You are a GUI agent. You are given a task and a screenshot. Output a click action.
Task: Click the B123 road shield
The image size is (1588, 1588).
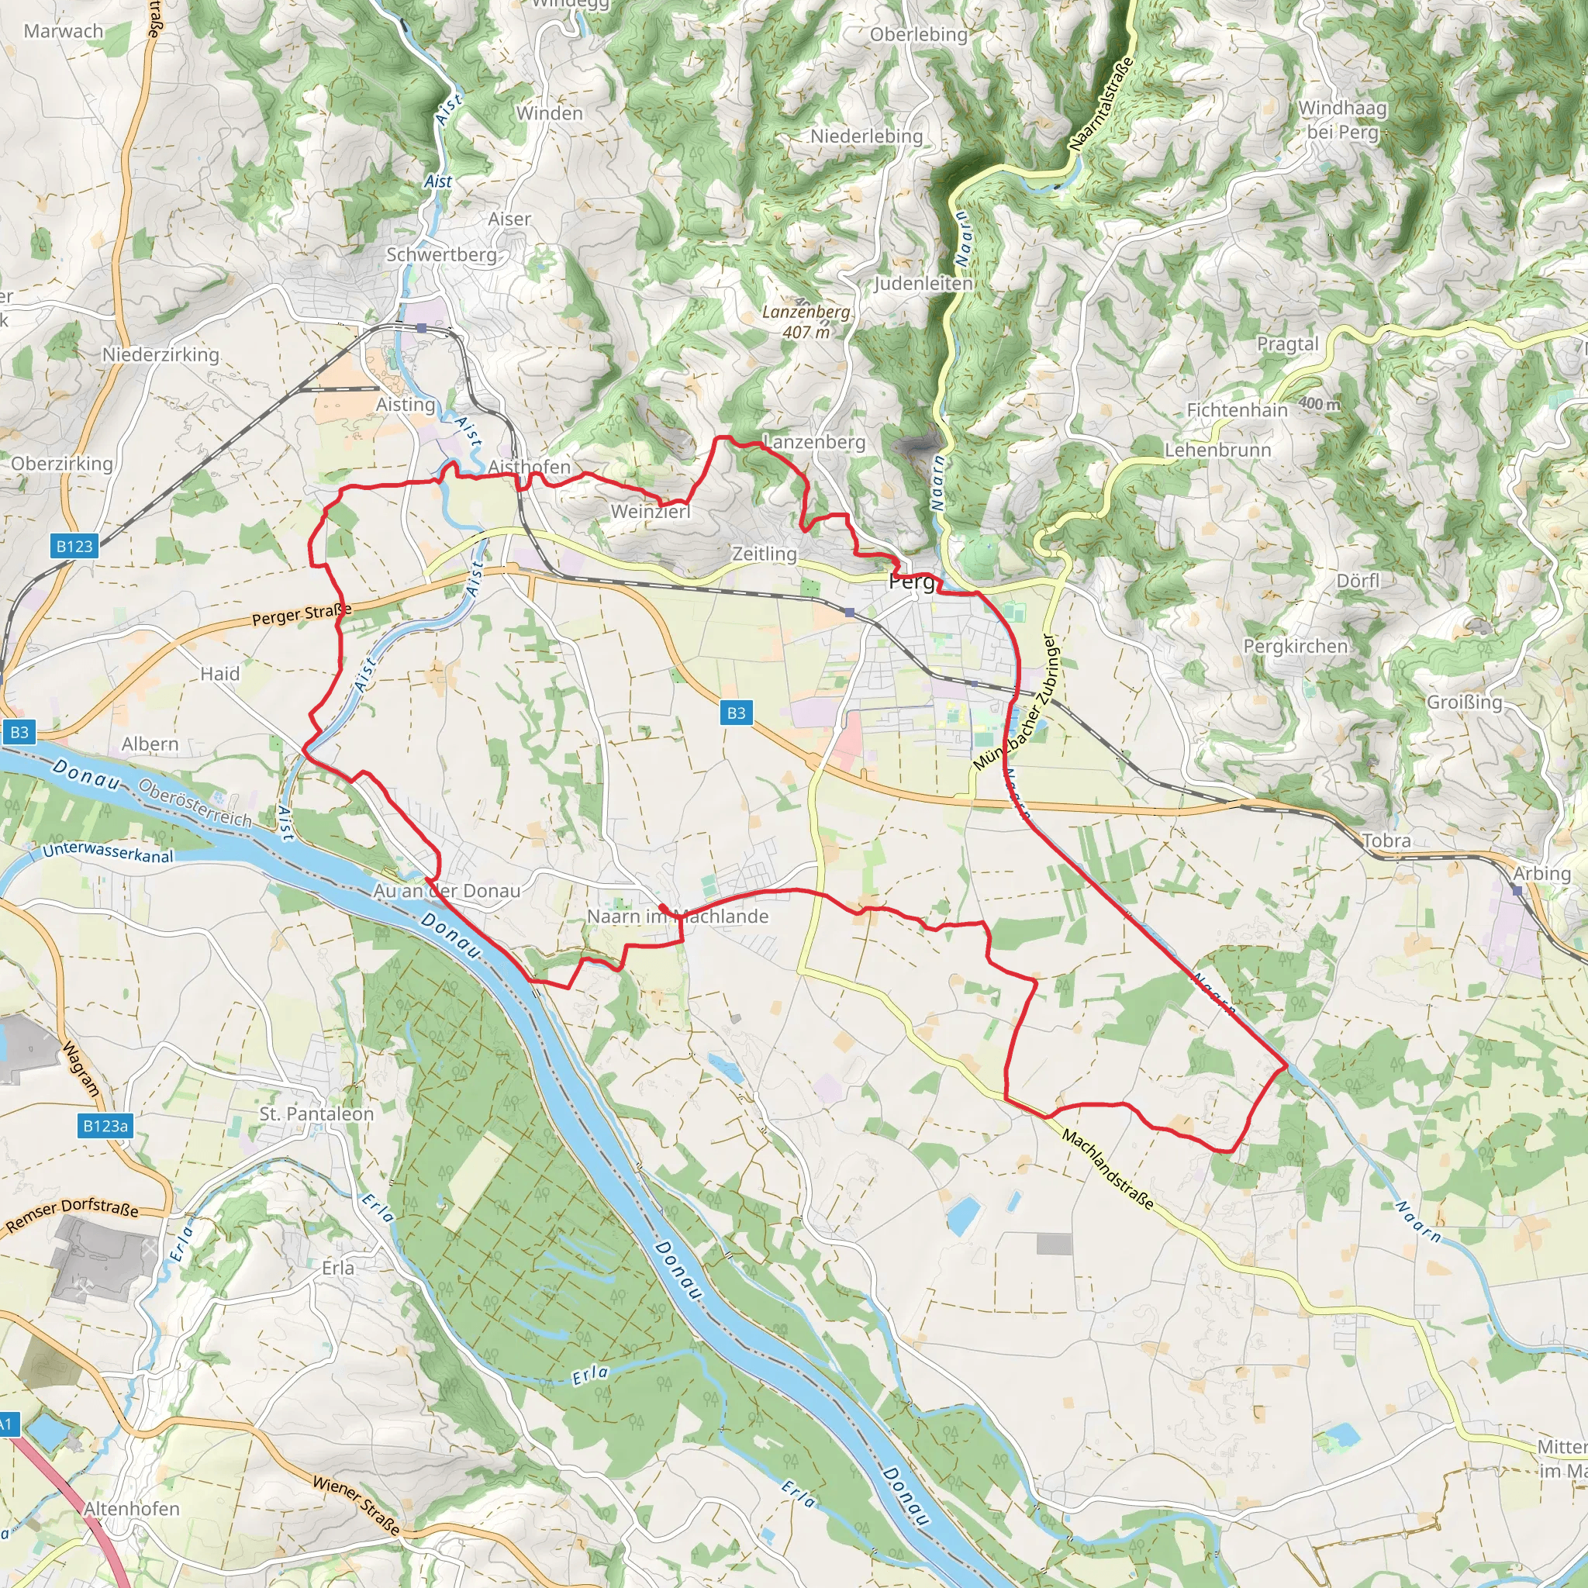[74, 546]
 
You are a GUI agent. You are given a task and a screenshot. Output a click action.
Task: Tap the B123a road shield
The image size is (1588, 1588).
[106, 1125]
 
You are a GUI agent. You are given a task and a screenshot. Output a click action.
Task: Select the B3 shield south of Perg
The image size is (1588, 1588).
[736, 713]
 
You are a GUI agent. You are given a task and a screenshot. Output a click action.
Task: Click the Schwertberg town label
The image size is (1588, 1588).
[441, 255]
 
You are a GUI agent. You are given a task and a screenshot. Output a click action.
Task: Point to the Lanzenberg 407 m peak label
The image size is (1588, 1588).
[806, 321]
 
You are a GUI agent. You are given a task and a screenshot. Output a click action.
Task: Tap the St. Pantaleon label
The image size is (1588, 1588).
[316, 1113]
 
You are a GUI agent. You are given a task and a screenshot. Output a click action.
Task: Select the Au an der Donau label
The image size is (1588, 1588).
[447, 890]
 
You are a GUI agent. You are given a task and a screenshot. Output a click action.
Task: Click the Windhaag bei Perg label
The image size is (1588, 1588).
[1342, 120]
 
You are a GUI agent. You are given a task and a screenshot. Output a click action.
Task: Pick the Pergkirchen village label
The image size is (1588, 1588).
[1296, 646]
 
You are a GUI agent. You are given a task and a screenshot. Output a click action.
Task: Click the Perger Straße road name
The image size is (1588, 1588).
[302, 614]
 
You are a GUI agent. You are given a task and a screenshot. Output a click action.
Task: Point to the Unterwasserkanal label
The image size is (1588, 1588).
[108, 852]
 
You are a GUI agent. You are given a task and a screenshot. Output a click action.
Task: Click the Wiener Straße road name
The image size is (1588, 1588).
[356, 1505]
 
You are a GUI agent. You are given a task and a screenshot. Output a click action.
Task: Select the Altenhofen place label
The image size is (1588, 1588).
[132, 1508]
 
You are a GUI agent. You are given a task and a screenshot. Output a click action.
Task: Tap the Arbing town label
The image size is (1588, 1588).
[1541, 874]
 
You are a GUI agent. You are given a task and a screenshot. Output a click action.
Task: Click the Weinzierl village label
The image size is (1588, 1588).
[650, 511]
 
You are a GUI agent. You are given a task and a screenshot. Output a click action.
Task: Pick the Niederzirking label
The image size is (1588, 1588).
[161, 355]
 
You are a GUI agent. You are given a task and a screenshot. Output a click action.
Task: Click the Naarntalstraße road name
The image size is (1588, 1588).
[1101, 104]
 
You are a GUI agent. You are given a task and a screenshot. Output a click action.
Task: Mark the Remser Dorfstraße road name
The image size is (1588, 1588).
[72, 1215]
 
